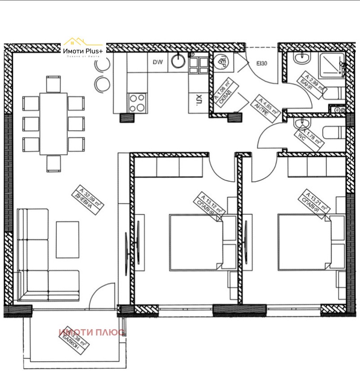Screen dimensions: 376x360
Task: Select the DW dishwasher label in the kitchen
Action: pos(157,63)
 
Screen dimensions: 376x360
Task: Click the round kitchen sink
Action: pos(180,60)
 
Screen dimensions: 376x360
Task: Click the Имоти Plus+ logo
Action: pos(84,51)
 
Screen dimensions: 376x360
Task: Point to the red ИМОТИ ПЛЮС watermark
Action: pos(92,332)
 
